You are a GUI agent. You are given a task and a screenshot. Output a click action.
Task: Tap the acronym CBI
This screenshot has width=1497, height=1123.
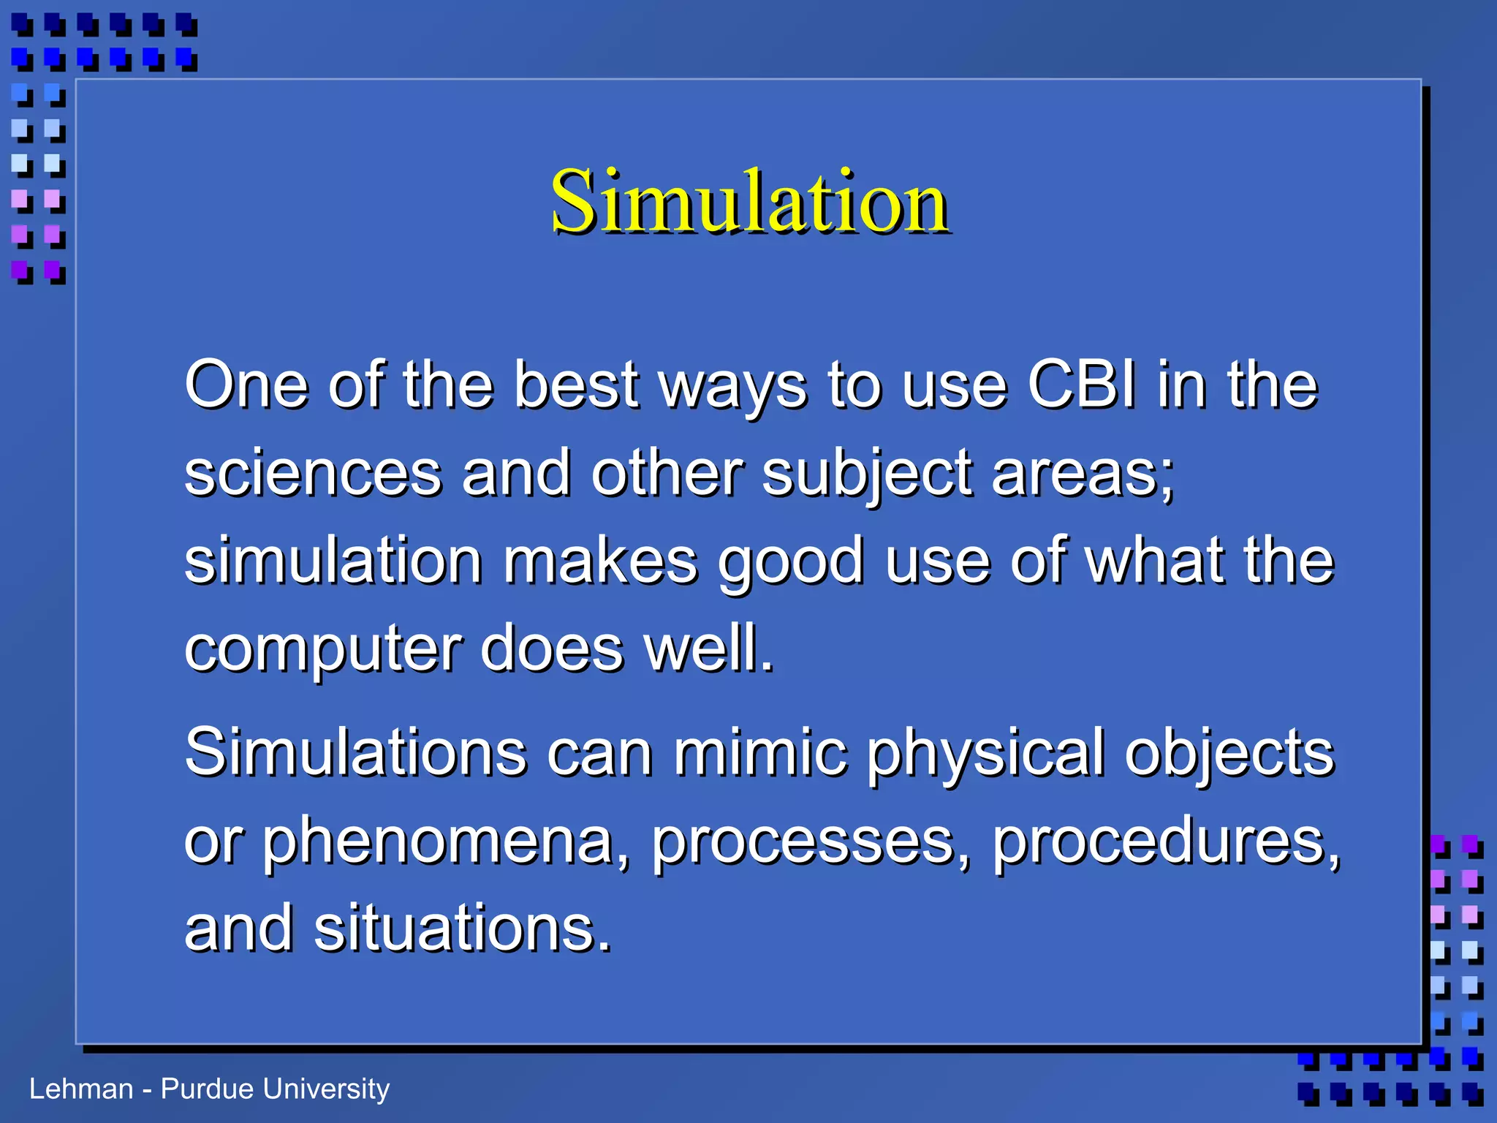point(1082,385)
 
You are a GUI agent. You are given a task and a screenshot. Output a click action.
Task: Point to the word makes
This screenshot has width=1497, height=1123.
point(600,561)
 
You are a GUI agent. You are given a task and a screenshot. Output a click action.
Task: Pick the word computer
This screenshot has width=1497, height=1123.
point(322,649)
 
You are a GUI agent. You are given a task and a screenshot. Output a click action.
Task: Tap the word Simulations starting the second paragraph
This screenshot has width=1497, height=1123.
point(355,752)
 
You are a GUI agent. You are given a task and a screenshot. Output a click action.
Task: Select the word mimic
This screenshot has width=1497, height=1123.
point(760,752)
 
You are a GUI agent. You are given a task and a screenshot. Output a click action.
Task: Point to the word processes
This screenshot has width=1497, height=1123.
point(811,842)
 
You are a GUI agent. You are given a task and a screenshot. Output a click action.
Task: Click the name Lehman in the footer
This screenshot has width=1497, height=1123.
point(80,1089)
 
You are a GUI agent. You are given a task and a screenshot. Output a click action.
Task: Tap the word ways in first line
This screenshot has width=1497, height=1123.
point(733,385)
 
